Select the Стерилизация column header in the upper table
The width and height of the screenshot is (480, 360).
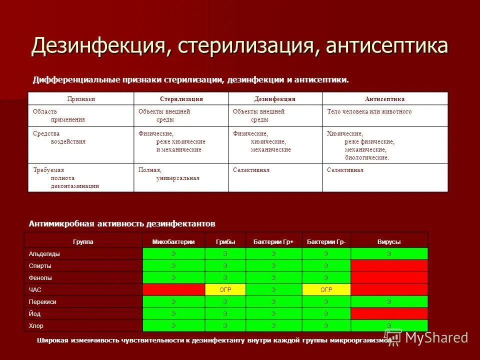[x=181, y=99]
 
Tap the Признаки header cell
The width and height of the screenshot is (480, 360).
[x=81, y=99]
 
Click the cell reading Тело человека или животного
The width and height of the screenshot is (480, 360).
[x=369, y=111]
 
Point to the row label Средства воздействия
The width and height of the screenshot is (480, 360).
[x=59, y=137]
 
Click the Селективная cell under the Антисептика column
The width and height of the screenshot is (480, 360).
[x=345, y=170]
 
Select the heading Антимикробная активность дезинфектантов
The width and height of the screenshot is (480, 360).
[x=122, y=223]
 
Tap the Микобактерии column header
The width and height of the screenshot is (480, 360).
[x=173, y=241]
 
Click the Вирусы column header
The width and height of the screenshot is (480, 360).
[x=389, y=241]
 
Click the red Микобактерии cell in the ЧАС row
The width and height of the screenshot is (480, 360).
[x=173, y=289]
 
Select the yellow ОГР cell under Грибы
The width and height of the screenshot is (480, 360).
[x=225, y=289]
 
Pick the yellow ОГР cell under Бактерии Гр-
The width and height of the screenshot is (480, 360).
[x=326, y=289]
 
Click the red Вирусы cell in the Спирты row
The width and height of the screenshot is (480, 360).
[x=389, y=265]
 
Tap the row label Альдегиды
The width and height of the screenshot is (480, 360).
[x=44, y=253]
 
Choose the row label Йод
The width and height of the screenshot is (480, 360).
[x=35, y=313]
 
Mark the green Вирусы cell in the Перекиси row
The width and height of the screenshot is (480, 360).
[x=389, y=301]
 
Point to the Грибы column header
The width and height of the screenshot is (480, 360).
[x=225, y=241]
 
